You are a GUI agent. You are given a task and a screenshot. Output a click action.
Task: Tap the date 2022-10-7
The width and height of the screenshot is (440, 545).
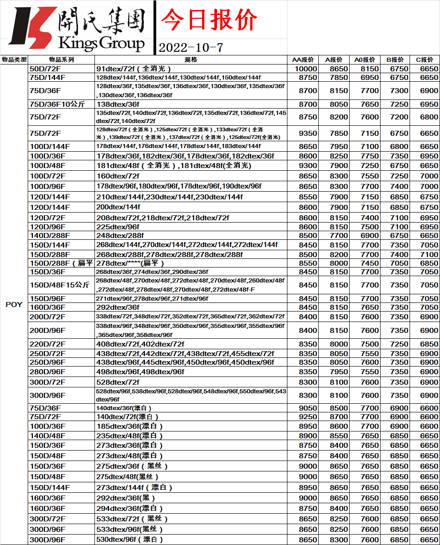(191, 47)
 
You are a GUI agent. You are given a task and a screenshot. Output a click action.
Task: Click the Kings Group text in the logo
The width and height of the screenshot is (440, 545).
(101, 44)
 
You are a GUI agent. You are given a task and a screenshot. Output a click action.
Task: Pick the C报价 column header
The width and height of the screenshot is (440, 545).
(425, 59)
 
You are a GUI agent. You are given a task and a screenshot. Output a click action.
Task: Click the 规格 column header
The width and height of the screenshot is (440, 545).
(191, 59)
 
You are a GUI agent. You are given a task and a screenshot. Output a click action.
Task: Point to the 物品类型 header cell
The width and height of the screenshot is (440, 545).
(14, 59)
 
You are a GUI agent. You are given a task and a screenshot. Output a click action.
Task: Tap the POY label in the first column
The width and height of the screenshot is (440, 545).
(14, 304)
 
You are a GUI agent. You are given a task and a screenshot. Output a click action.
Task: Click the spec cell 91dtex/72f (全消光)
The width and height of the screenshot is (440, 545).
(133, 69)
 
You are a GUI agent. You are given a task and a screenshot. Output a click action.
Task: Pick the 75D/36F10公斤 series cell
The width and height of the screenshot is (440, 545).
(57, 104)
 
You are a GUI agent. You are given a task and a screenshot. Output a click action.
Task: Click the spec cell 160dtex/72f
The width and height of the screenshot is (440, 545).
(118, 176)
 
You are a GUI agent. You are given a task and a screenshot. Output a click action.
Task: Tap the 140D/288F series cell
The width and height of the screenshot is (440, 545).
(49, 236)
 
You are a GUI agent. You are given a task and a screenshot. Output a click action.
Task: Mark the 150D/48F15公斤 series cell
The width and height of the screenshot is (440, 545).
(59, 285)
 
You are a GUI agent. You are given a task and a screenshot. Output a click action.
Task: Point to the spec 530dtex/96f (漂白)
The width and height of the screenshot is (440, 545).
(129, 540)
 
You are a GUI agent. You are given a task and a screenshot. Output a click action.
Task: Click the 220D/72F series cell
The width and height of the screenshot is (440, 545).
(48, 344)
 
